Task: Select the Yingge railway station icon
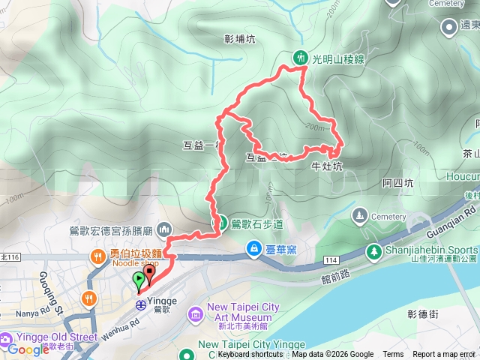(x=140, y=304)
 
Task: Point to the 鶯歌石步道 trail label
(x=256, y=223)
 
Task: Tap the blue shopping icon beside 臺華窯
(x=255, y=248)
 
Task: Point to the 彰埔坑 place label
(x=240, y=39)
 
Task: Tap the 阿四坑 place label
(x=397, y=182)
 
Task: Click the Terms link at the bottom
(x=393, y=355)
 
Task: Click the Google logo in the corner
(x=28, y=349)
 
